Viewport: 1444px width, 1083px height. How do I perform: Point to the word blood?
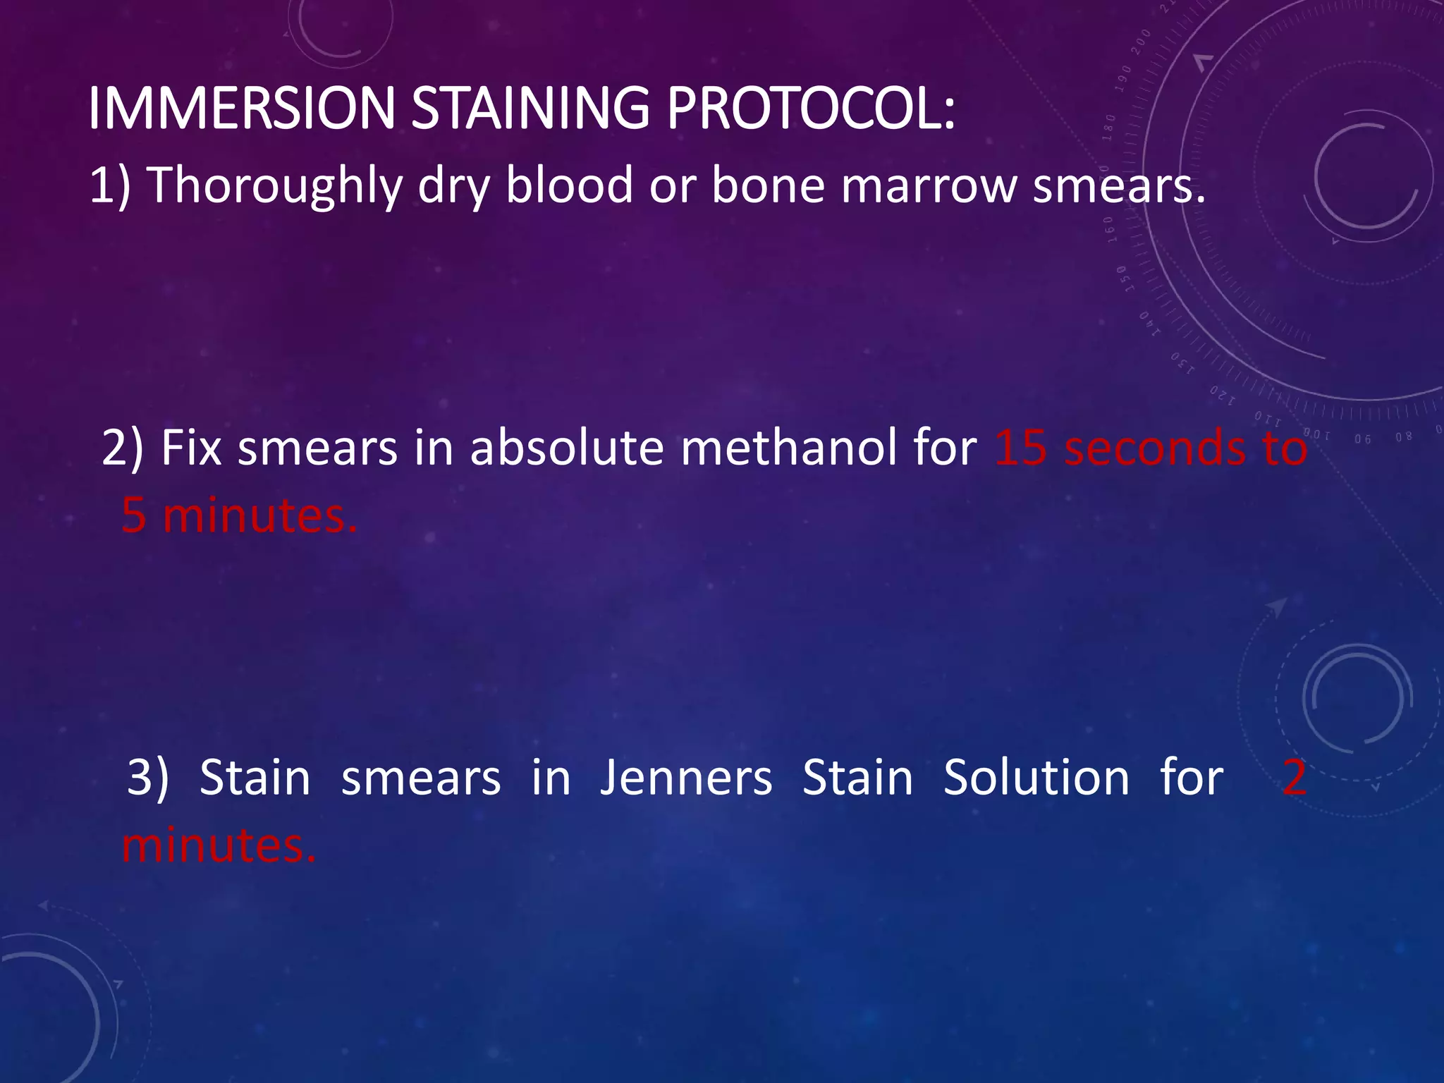[569, 185]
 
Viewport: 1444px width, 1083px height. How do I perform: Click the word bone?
[769, 185]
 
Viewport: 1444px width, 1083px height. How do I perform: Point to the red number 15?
[1020, 448]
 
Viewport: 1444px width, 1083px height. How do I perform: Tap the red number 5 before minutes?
[134, 515]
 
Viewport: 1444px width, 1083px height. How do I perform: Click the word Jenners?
[686, 778]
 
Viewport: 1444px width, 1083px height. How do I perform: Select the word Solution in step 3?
[1036, 778]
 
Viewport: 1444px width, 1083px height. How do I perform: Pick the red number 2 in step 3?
[1294, 778]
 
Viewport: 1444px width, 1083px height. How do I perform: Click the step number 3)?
[147, 778]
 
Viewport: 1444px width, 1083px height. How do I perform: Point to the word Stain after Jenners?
[857, 778]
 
